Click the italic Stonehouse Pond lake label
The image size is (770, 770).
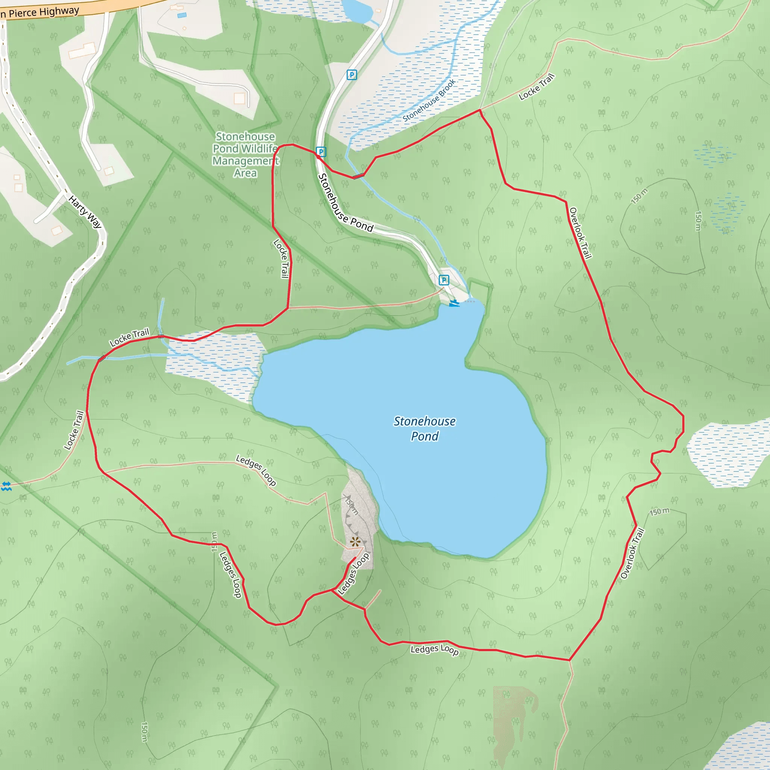[x=424, y=429]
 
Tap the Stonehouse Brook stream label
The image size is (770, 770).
[x=429, y=100]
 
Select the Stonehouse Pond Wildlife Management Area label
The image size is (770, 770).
[x=246, y=155]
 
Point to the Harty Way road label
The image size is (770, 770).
[x=85, y=211]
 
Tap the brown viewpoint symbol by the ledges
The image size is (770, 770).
[x=355, y=542]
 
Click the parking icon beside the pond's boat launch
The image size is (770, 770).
[x=444, y=280]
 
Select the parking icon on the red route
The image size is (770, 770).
[x=321, y=152]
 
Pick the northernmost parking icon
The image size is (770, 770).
[x=352, y=74]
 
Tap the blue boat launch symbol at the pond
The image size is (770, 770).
[x=454, y=304]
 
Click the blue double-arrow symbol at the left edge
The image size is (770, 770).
[x=6, y=486]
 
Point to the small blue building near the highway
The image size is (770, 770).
[x=182, y=15]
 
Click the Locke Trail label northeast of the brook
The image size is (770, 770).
[x=537, y=87]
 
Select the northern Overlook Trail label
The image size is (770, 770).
[x=580, y=233]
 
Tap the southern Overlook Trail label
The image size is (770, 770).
[x=632, y=553]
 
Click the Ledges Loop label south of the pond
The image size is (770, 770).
[x=434, y=649]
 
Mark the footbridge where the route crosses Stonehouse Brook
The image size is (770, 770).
[x=358, y=176]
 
